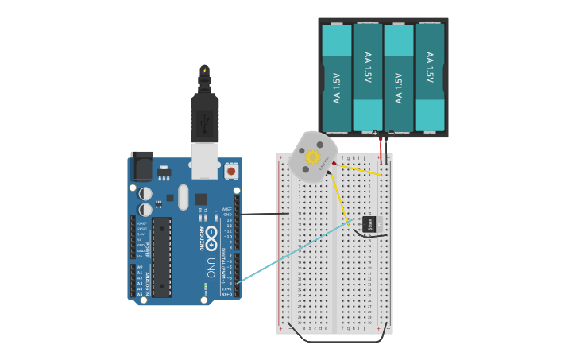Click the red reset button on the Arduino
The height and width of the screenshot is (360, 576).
tap(231, 170)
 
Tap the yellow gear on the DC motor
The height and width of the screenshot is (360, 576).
tap(313, 157)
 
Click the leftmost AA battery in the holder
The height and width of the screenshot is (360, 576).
tap(337, 78)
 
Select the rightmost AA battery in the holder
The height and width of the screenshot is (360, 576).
tap(430, 78)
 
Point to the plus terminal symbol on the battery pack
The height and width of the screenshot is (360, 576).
tap(375, 133)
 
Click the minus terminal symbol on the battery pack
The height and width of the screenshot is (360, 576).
tap(391, 133)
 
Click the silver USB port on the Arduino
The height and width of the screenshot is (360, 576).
tap(204, 161)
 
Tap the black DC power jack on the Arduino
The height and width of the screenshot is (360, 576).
tap(141, 166)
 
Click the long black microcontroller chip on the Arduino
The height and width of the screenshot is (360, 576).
tap(161, 257)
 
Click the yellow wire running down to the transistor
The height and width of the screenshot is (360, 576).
tap(339, 195)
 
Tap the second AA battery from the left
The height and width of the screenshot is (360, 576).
tap(368, 78)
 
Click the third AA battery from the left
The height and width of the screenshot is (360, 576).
tap(399, 78)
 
